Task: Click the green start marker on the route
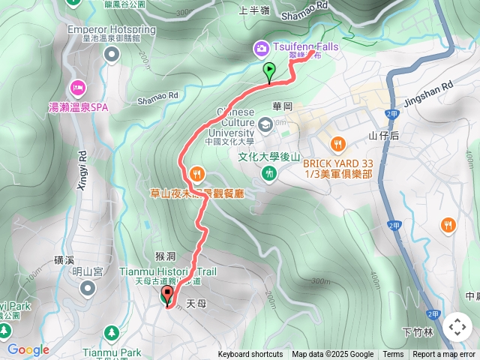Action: click(269, 70)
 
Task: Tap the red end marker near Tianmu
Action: click(166, 295)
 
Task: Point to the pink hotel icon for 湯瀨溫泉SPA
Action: click(77, 87)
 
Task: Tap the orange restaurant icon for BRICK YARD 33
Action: click(338, 143)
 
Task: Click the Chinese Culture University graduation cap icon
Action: click(265, 124)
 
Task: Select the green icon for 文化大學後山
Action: click(269, 173)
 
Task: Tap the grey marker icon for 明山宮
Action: click(88, 287)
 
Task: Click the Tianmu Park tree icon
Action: click(112, 332)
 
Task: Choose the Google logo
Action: click(28, 349)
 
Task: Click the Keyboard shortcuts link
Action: click(251, 355)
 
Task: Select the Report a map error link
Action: click(444, 355)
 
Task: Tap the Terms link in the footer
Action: click(393, 355)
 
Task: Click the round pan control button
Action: click(457, 327)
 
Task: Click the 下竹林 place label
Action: click(418, 331)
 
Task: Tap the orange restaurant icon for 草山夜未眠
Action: click(197, 174)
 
